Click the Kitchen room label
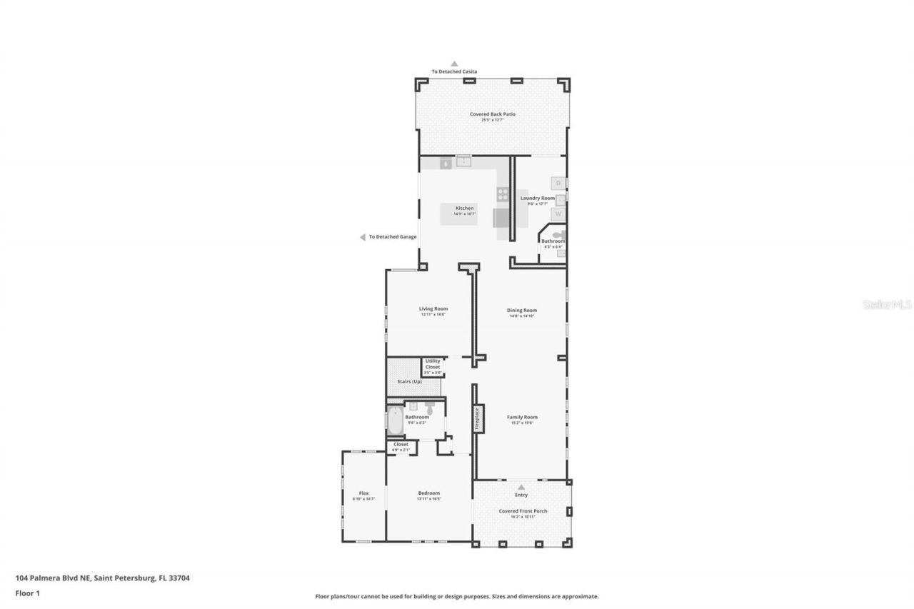point(464,208)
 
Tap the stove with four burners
point(503,193)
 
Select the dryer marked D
point(558,183)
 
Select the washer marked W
point(558,213)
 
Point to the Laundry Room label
point(537,198)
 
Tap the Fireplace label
point(478,418)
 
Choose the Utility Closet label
point(433,363)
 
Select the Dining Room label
point(522,311)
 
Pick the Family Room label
point(522,417)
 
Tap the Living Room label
point(433,308)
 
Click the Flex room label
point(363,493)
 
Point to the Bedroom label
point(428,493)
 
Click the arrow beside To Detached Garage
point(363,237)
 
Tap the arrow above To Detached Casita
point(453,64)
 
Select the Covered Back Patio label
point(492,114)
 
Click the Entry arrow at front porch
point(521,487)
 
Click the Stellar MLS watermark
point(887,304)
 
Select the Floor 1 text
point(29,593)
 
